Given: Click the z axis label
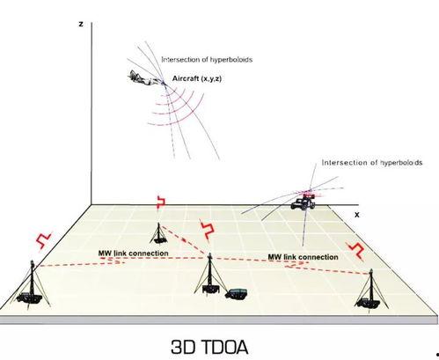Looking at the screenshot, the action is point(81,24).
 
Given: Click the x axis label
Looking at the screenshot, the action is point(356,215).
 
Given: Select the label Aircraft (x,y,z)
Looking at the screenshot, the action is point(197,78).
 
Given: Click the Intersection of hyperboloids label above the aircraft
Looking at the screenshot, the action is point(207,60).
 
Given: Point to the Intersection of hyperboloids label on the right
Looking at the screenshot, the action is point(372,163).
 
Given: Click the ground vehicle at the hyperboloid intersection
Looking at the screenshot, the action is point(303,202).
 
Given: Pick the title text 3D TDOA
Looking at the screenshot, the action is point(209,347).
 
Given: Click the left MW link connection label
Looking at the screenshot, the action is point(133,253).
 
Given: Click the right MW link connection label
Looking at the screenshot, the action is point(303,257).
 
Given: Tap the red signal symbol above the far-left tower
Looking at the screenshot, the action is point(43,240).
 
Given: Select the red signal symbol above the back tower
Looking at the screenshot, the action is point(160,202).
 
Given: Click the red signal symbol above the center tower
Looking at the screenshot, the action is point(208,229).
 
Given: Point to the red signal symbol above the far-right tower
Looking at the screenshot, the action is point(355,251).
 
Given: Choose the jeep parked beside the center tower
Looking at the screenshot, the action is point(237,294).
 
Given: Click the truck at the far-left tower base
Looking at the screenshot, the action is point(29,298).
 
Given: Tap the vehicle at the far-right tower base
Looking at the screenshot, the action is point(366,303).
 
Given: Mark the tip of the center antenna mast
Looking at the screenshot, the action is point(209,253).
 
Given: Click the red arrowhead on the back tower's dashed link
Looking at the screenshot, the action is point(184,239).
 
